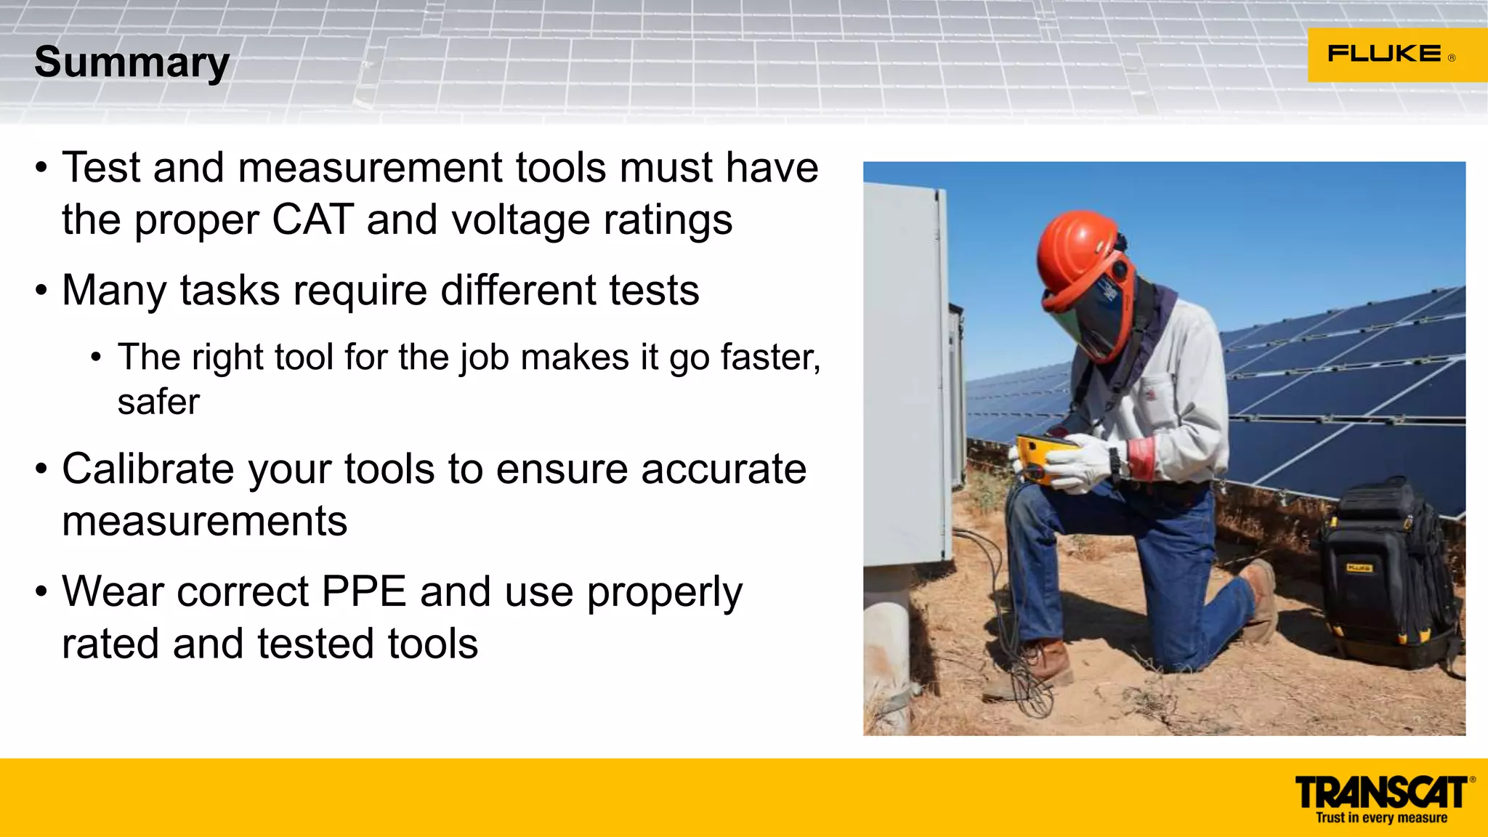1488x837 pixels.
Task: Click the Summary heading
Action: pos(132,62)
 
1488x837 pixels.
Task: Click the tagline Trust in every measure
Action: pos(1381,818)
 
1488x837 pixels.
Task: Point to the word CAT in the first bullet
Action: pos(312,219)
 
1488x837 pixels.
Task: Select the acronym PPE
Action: pos(363,591)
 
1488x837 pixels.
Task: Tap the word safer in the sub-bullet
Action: pos(158,402)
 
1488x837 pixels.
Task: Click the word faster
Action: pos(770,357)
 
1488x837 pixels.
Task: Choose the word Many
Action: pos(115,291)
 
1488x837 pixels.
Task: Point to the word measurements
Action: pos(205,522)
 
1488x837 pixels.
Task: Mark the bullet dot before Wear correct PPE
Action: pos(41,592)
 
